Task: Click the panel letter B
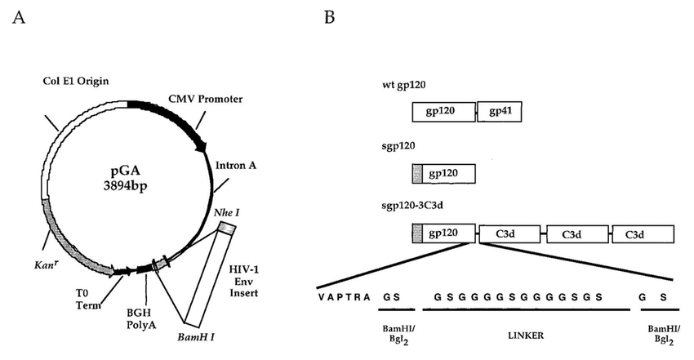pyautogui.click(x=329, y=17)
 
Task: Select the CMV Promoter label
pyautogui.click(x=205, y=99)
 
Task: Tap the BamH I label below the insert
pyautogui.click(x=196, y=336)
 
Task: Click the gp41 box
pyautogui.click(x=500, y=111)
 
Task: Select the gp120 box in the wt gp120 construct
pyautogui.click(x=443, y=111)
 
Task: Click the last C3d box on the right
pyautogui.click(x=643, y=233)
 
